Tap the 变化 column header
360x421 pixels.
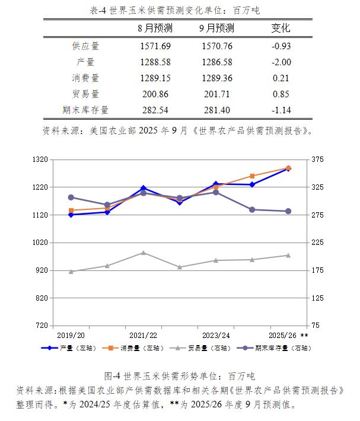coord(281,28)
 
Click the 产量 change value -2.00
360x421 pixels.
coord(281,62)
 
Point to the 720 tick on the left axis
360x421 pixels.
coord(40,326)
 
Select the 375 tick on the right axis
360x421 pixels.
coord(317,160)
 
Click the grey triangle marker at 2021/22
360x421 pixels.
coord(143,253)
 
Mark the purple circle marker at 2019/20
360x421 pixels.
coord(71,197)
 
